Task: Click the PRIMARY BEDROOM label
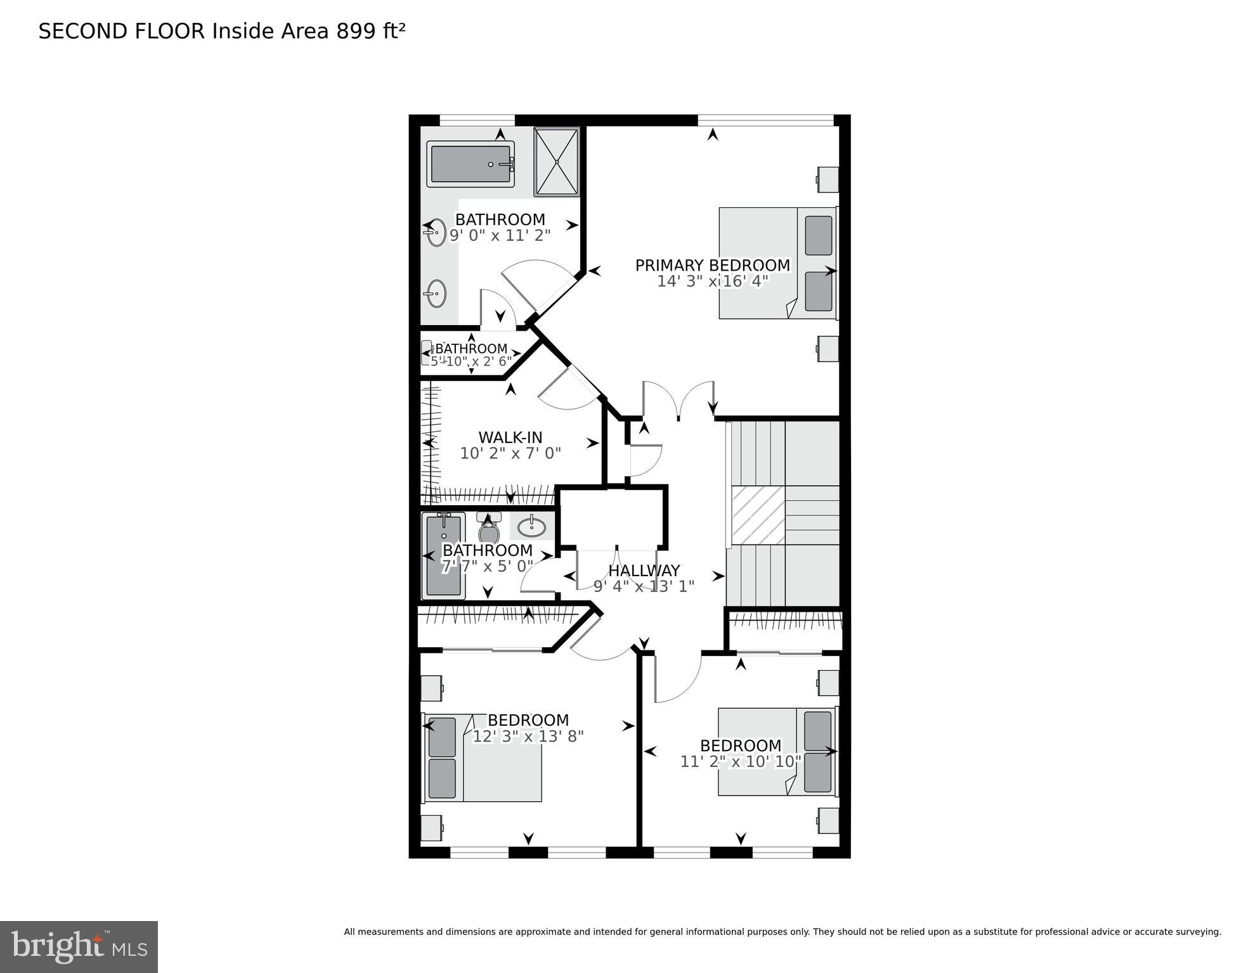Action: (712, 265)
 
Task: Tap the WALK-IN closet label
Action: (510, 437)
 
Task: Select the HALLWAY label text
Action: (644, 570)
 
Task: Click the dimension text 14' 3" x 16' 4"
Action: (712, 281)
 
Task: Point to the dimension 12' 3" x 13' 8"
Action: (528, 736)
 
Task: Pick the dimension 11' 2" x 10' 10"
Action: (741, 761)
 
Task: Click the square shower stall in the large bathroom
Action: (556, 162)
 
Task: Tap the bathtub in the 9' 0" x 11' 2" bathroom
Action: (470, 164)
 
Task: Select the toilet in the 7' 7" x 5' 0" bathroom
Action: (488, 527)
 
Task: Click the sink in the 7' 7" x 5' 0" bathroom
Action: (531, 526)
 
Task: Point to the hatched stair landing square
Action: (758, 515)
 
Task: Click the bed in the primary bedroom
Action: (777, 262)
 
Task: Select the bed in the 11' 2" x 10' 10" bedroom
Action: (776, 751)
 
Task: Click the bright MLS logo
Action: (79, 946)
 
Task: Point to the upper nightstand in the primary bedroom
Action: (828, 179)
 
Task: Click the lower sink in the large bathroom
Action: (436, 293)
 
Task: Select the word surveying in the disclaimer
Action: (1199, 932)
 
